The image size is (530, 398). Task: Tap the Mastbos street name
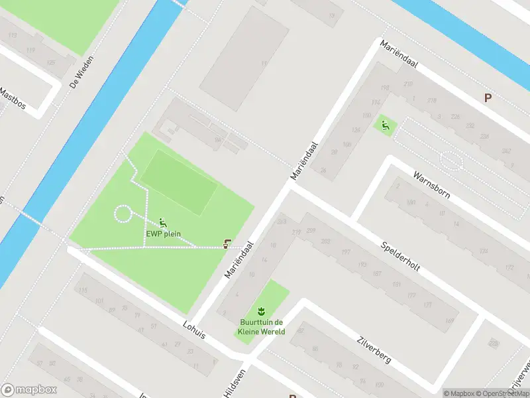[x=13, y=101]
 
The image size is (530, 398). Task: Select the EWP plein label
[x=164, y=233]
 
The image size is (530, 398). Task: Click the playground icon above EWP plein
[x=163, y=222]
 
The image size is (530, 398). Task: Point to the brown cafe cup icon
[x=228, y=243]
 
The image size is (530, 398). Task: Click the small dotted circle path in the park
[x=123, y=214]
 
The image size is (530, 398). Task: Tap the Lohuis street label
[x=194, y=329]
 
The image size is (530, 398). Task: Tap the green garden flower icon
[x=262, y=310]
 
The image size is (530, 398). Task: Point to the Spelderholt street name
[x=401, y=254]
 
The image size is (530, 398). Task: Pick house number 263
[x=282, y=222]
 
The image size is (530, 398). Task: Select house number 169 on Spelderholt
[x=450, y=321]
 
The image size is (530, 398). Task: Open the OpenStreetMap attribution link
[x=503, y=393]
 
